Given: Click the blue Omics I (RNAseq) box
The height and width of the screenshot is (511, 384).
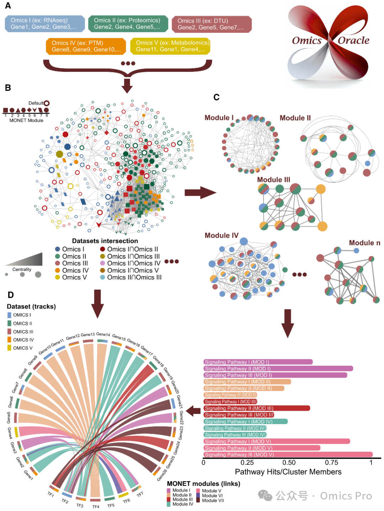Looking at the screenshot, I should pos(45,24).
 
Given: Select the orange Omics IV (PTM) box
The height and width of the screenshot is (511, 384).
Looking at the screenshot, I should pos(86,46).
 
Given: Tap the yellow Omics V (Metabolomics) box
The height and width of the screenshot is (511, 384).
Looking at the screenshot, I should pos(170,46).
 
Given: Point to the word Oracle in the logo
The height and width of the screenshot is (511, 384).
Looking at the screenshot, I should pos(353,41).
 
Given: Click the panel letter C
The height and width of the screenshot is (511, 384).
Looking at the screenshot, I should pos(216,97).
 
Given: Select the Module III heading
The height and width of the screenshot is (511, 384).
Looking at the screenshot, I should pos(273,180).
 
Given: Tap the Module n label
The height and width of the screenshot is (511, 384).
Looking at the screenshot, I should pos(364,243).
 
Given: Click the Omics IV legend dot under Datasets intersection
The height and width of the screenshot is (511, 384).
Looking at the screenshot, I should pos(58,270).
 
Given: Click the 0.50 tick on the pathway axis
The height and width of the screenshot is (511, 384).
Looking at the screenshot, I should pos(289,463).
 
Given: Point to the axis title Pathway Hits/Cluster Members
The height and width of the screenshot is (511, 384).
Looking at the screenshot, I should pos(288,472).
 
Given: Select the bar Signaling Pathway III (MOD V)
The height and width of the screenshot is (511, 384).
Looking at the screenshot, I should pos(288,454).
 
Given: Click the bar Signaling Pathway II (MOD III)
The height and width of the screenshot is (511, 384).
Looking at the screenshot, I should pos(256,408).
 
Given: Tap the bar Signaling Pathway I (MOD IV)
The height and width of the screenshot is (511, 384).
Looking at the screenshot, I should pos(245,422).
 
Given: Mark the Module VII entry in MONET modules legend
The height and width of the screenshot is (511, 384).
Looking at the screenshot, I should pos(213,501).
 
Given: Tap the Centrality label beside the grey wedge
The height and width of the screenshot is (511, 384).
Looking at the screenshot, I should pos(22,270).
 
